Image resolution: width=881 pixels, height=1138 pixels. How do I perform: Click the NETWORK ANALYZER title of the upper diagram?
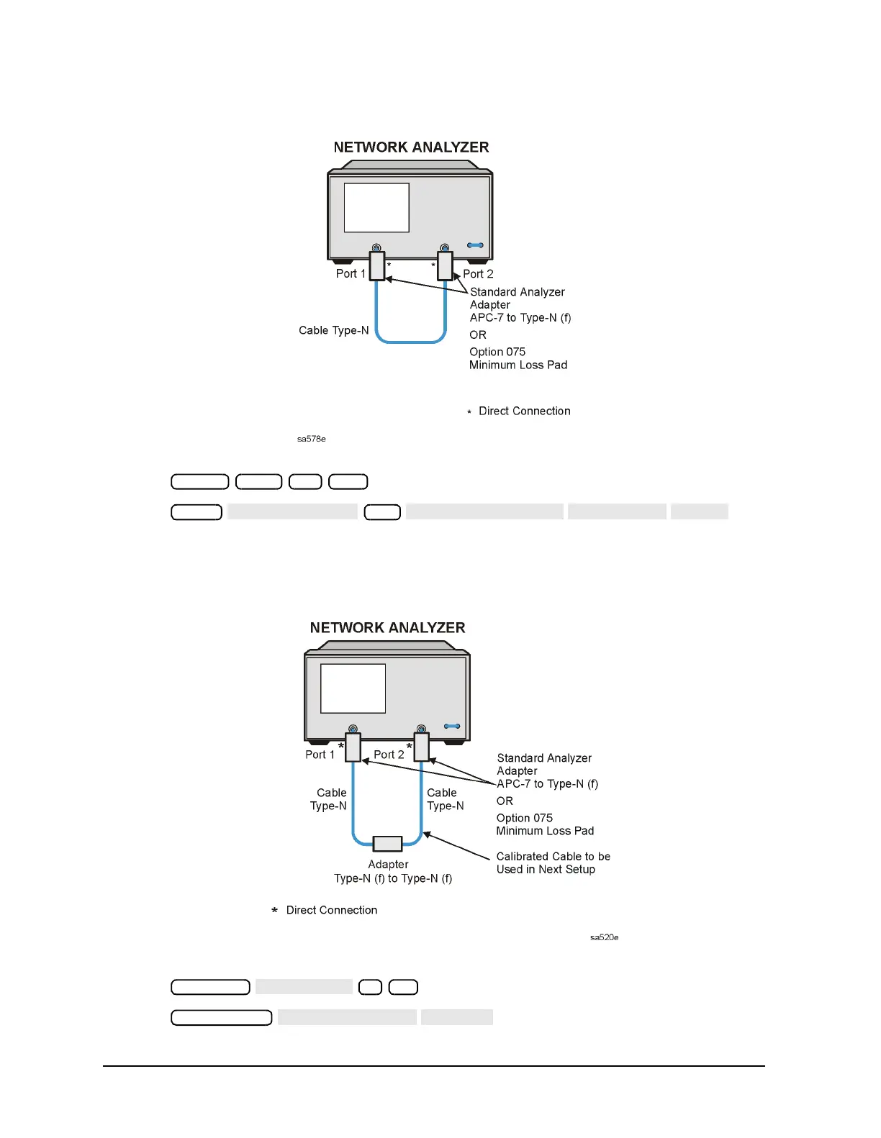(x=411, y=147)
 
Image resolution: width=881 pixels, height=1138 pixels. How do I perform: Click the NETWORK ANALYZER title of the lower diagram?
(x=387, y=628)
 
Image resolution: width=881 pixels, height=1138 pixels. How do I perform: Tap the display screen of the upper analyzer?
(x=376, y=208)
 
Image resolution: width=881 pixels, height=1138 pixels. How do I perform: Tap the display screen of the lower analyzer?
(x=353, y=688)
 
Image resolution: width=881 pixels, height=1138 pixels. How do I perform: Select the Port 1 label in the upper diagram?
(x=351, y=274)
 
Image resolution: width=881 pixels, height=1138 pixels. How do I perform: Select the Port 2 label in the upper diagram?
(x=478, y=274)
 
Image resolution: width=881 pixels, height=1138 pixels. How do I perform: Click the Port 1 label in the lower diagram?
(x=320, y=755)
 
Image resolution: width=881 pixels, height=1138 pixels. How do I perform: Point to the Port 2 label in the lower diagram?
(x=389, y=755)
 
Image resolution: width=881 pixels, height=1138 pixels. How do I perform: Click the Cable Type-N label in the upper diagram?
(x=333, y=330)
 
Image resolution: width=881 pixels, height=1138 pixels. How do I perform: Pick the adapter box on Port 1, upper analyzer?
(x=376, y=266)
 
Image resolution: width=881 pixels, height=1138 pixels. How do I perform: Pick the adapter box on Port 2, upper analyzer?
(x=445, y=266)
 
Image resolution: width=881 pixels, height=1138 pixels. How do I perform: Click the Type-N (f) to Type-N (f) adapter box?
(x=387, y=844)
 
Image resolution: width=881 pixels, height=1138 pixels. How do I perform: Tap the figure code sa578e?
(x=311, y=439)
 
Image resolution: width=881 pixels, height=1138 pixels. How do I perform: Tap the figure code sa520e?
(x=604, y=937)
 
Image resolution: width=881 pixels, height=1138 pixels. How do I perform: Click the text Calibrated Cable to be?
(x=553, y=857)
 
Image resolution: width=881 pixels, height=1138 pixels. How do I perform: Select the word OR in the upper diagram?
(x=478, y=335)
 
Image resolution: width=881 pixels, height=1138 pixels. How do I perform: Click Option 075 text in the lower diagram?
(x=525, y=818)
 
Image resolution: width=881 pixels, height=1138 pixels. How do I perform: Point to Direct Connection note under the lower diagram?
(x=331, y=910)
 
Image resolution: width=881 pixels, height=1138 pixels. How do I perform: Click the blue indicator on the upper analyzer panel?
(x=475, y=245)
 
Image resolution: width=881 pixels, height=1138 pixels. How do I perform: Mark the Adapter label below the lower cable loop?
(x=388, y=865)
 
